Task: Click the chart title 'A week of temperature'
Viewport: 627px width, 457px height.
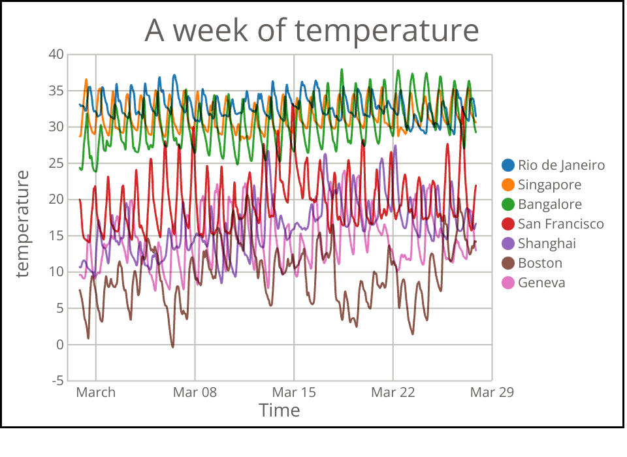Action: pyautogui.click(x=312, y=30)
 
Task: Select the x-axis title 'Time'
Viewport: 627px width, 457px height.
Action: pyautogui.click(x=280, y=411)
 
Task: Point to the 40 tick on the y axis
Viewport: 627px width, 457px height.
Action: pyautogui.click(x=56, y=54)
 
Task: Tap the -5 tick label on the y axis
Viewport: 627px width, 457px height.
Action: pyautogui.click(x=57, y=381)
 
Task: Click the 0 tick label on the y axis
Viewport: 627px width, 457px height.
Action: pyautogui.click(x=60, y=344)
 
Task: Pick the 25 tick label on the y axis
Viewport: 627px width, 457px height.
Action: pyautogui.click(x=56, y=163)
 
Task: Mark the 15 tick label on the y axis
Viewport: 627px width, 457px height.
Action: pyautogui.click(x=56, y=235)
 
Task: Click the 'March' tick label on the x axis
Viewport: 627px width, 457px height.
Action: pyautogui.click(x=96, y=392)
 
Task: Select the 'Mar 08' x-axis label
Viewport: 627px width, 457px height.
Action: pyautogui.click(x=195, y=392)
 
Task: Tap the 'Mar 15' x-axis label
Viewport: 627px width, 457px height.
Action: pyautogui.click(x=294, y=392)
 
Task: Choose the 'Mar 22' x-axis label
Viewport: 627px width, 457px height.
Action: pyautogui.click(x=393, y=392)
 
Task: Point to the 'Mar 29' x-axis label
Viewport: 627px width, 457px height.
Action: pyautogui.click(x=492, y=392)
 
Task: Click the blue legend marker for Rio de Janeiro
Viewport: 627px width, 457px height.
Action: pyautogui.click(x=508, y=165)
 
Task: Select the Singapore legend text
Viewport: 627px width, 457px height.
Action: pyautogui.click(x=549, y=185)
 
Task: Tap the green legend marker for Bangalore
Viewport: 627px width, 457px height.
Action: pyautogui.click(x=508, y=204)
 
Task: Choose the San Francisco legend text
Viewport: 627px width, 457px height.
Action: pyautogui.click(x=561, y=224)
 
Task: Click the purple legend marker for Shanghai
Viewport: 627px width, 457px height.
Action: pyautogui.click(x=508, y=244)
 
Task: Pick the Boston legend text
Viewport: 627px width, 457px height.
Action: pyautogui.click(x=540, y=263)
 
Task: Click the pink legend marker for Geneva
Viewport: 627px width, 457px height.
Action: pyautogui.click(x=508, y=283)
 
